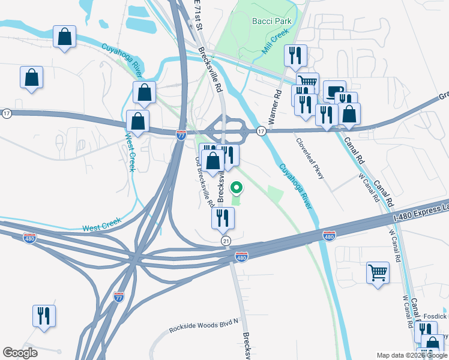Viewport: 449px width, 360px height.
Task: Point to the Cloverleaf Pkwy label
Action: point(310,160)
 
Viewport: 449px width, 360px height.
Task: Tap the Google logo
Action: point(20,353)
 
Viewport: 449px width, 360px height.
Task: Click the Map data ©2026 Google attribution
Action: point(411,355)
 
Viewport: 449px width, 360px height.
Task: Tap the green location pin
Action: point(237,188)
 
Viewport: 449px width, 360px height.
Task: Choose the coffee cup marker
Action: point(334,91)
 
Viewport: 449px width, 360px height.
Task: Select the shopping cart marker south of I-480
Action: point(378,272)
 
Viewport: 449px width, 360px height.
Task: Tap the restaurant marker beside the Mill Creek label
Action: point(295,55)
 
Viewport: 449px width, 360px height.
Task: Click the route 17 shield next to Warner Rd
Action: point(261,131)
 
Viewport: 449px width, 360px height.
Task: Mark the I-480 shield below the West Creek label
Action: point(29,238)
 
